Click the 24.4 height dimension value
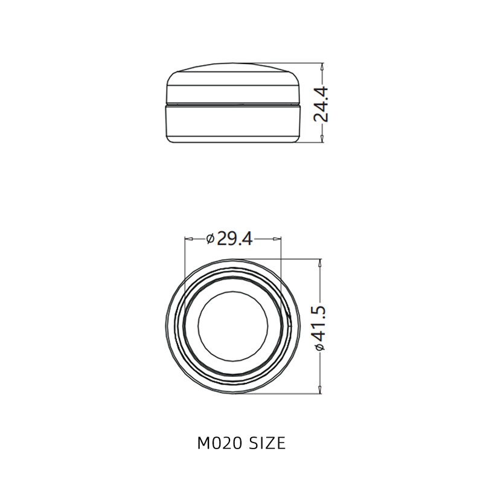pos(321,104)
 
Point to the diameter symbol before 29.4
pos(210,240)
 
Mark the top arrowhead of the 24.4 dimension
pos(322,68)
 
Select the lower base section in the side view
pos(232,124)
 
